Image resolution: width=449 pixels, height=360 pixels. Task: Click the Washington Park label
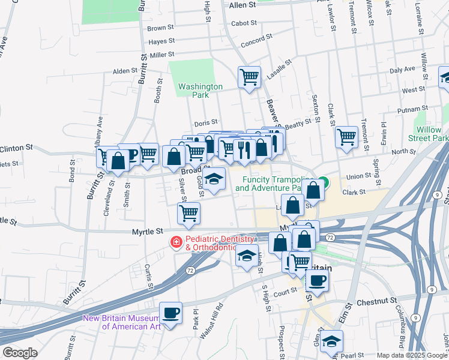click(x=200, y=91)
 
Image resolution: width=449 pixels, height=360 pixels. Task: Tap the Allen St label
click(x=242, y=4)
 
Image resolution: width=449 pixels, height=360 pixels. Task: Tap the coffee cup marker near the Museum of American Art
click(x=170, y=313)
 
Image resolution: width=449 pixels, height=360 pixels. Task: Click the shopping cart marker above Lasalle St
click(x=249, y=77)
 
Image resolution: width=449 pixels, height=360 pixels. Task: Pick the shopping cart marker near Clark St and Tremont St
click(x=346, y=137)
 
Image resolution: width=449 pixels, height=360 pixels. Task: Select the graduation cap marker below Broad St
click(x=214, y=179)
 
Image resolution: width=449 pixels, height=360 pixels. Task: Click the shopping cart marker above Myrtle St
click(x=188, y=213)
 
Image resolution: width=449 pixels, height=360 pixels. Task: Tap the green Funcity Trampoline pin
click(x=324, y=182)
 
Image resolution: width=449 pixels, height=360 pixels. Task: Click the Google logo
click(x=20, y=353)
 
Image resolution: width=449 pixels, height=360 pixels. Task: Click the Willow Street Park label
click(x=432, y=134)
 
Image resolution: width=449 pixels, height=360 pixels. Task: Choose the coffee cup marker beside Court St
click(x=316, y=280)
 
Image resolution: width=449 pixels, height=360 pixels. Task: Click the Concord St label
click(x=256, y=44)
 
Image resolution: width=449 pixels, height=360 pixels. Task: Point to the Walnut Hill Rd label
click(x=211, y=322)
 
